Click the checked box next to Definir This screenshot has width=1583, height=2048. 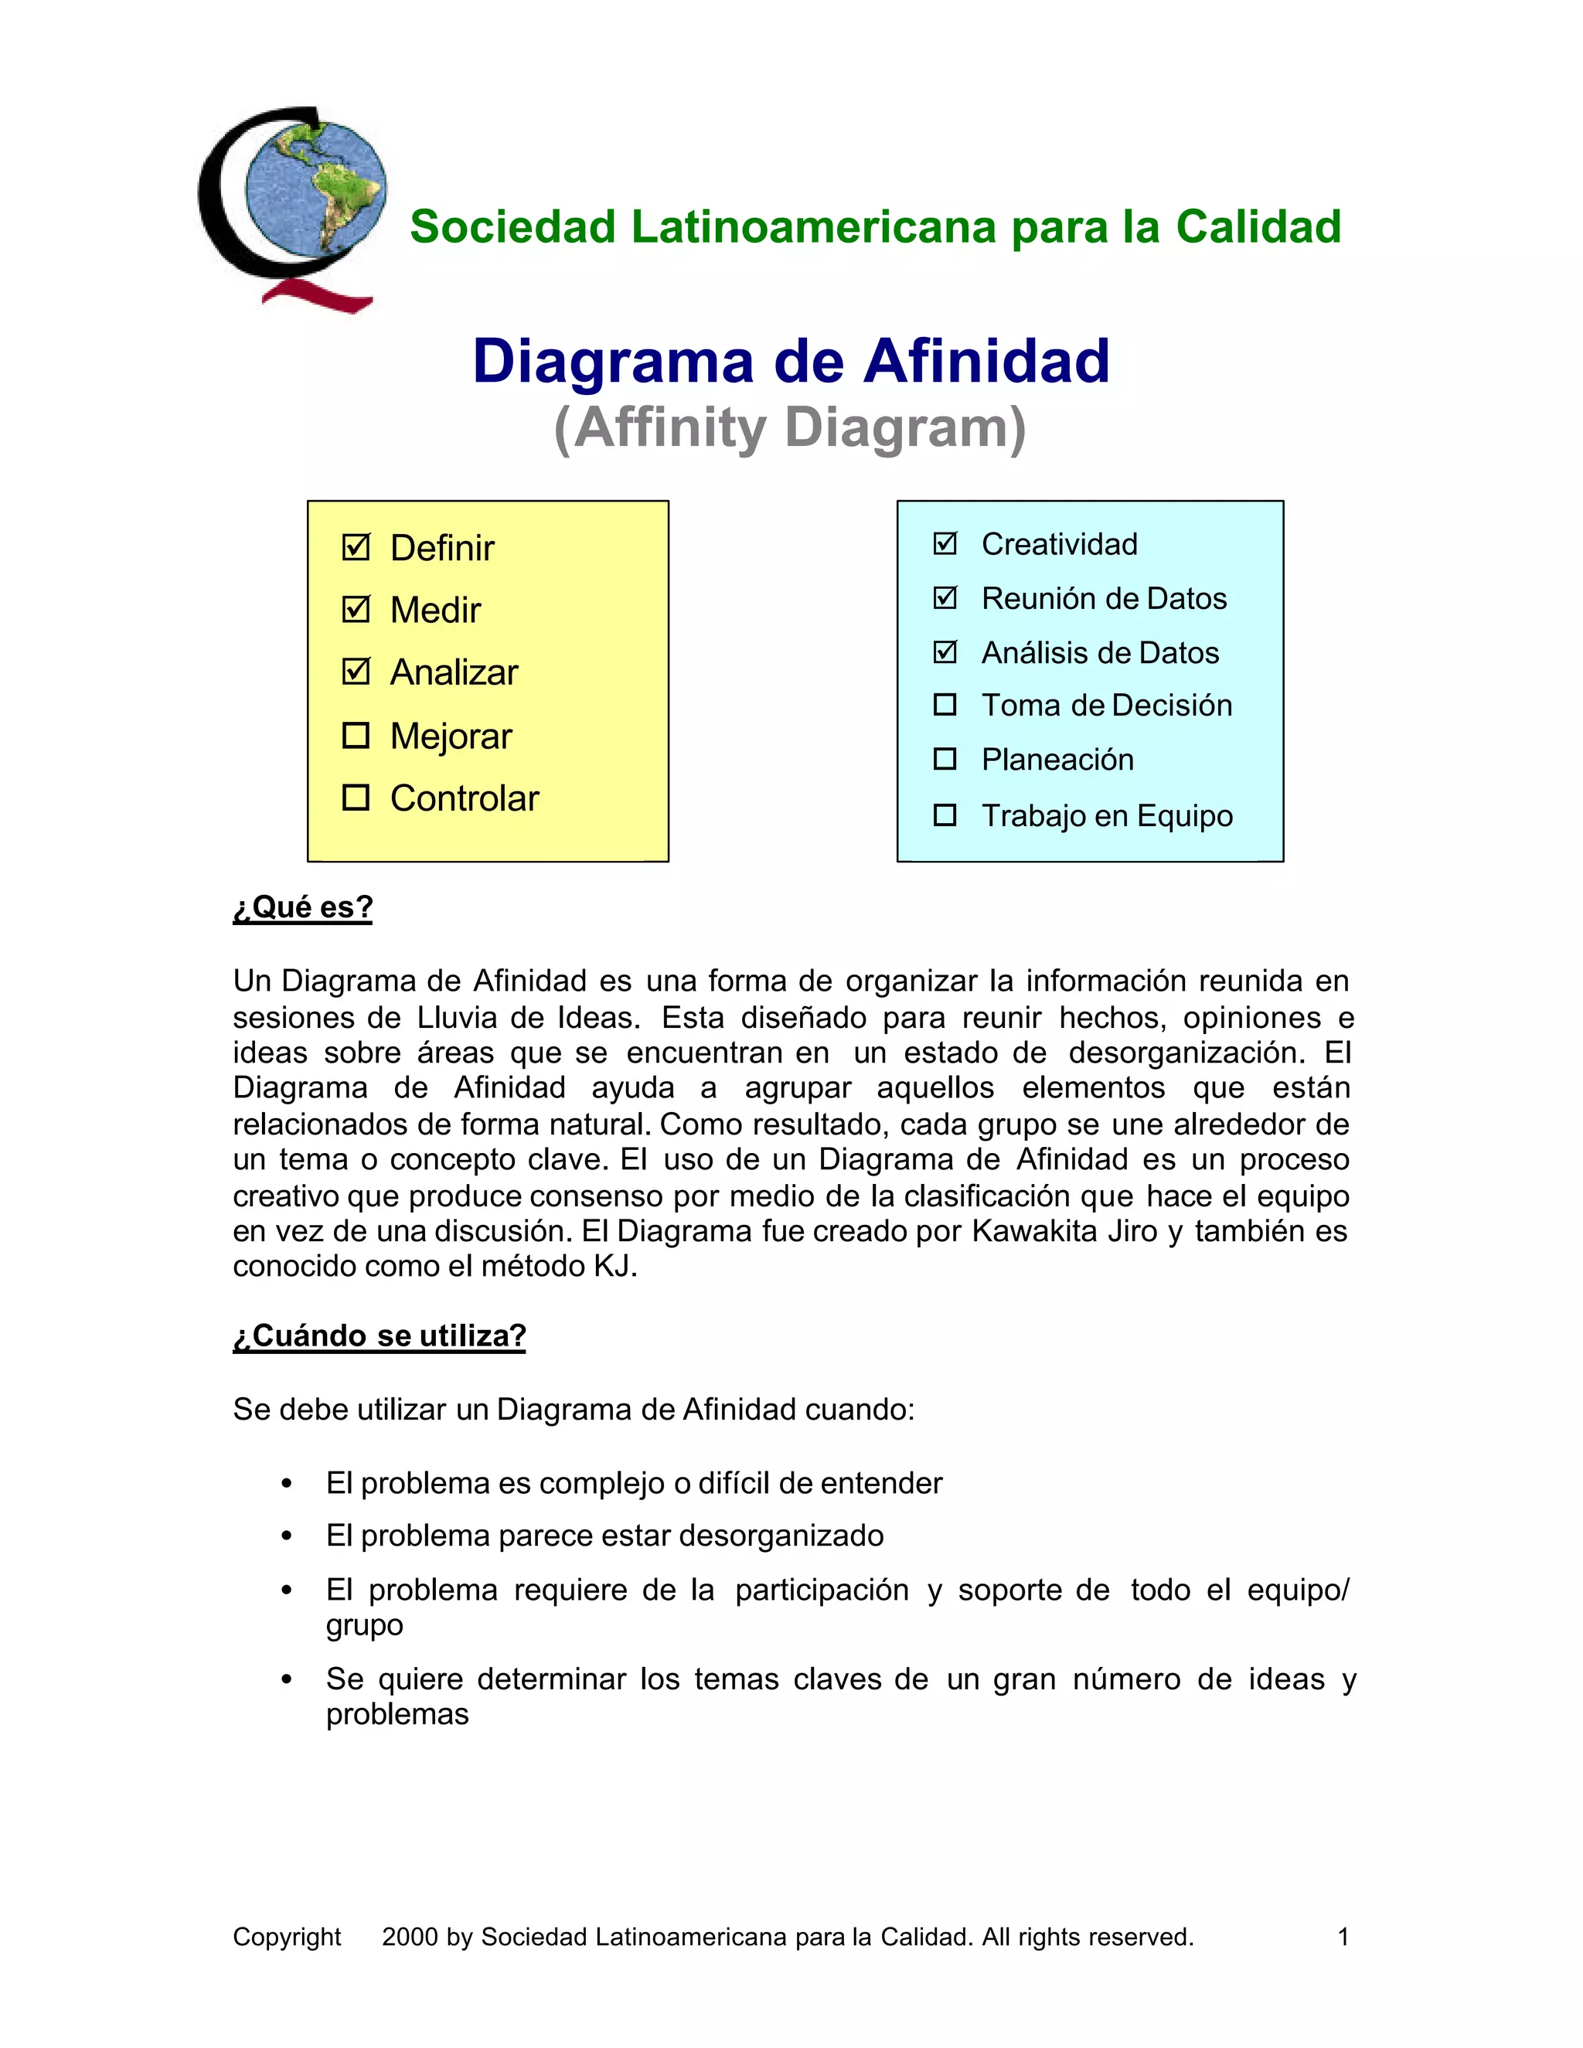click(356, 546)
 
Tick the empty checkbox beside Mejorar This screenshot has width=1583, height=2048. click(356, 735)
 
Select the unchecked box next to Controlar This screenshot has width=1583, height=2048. click(356, 797)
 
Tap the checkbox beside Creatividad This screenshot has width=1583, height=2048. click(945, 543)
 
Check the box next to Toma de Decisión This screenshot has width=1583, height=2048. click(945, 704)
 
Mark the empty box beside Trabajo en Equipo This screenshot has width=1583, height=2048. click(945, 815)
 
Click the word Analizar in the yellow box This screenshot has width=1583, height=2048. click(454, 672)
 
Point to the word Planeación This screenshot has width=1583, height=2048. click(1057, 760)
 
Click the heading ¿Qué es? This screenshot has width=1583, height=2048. click(303, 907)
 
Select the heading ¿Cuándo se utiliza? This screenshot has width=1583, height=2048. click(379, 1335)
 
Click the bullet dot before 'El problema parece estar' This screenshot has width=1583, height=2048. click(287, 1536)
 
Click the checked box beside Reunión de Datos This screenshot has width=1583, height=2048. click(945, 597)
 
